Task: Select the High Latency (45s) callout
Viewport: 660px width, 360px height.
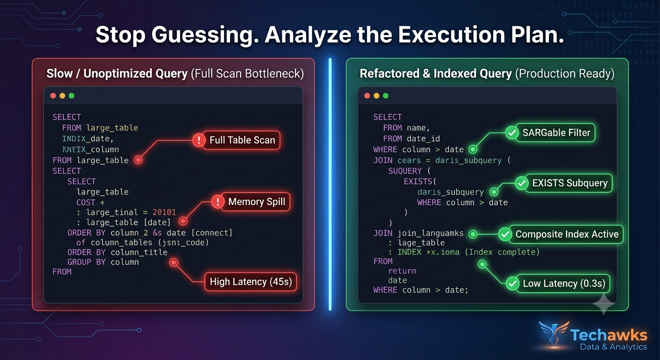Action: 251,282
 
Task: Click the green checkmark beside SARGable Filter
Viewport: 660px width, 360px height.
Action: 512,133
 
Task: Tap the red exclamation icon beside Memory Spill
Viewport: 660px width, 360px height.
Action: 218,202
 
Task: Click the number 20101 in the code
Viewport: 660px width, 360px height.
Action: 164,212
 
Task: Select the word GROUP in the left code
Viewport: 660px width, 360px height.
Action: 79,262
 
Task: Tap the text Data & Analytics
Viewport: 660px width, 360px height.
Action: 614,347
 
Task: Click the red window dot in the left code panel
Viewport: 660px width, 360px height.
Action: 53,96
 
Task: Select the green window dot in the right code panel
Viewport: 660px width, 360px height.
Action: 385,96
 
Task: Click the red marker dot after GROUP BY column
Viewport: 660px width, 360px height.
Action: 174,262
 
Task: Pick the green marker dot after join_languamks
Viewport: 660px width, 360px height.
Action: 472,234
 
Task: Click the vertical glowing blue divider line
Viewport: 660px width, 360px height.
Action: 330,184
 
